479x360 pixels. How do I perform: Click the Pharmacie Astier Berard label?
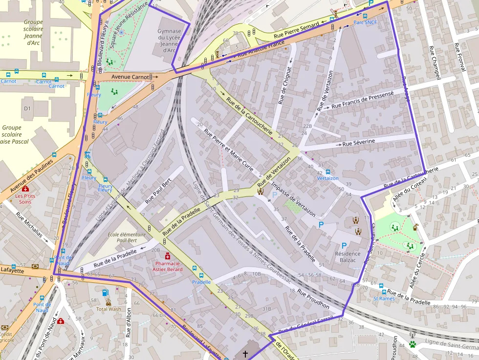coord(168,266)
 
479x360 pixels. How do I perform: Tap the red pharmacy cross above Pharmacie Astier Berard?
coord(168,255)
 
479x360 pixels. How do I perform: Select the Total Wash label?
coord(108,309)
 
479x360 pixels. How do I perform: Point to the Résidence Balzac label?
coord(348,257)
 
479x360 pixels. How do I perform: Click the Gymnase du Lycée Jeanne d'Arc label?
coord(169,41)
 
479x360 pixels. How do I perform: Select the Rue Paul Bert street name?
coord(160,191)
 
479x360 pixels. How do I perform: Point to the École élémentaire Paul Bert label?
coord(126,237)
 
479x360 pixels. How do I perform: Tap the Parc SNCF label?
coord(365,22)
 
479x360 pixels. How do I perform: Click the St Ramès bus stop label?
coord(384,298)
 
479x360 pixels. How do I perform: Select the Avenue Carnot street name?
coord(130,77)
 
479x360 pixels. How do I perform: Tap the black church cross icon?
coord(245,353)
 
